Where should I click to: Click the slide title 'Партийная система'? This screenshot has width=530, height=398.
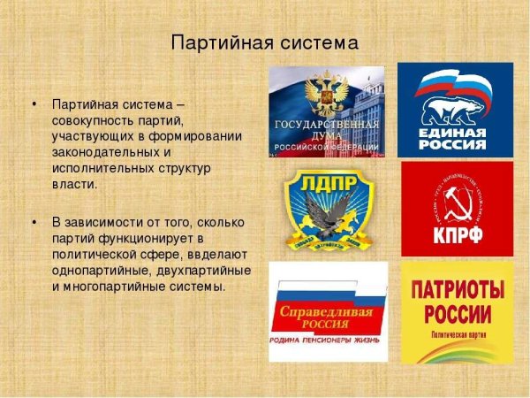point(265,42)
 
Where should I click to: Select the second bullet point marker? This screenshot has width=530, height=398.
point(34,219)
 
